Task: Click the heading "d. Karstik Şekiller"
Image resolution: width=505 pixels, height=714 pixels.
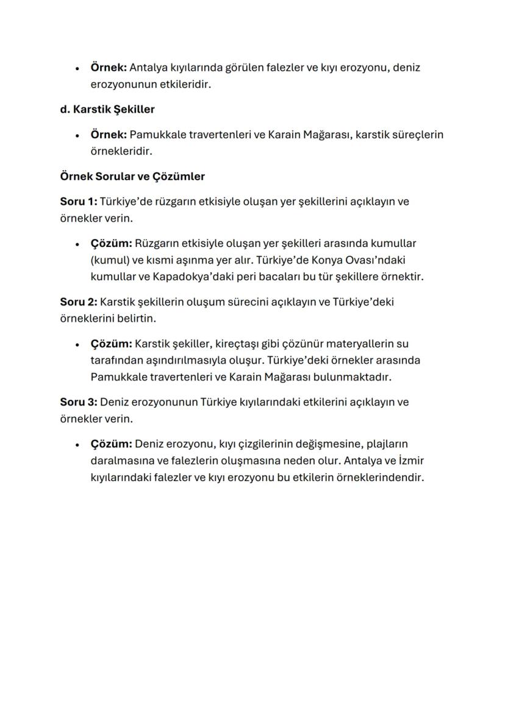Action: [107, 110]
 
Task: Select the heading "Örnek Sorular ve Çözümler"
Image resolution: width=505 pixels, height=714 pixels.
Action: [132, 176]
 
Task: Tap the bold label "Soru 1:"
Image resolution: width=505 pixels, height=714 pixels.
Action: [78, 202]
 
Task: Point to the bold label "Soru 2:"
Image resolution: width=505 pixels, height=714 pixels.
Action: [78, 302]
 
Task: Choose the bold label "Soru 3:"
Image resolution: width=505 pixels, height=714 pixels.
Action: [78, 402]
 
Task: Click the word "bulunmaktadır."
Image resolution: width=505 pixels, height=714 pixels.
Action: [352, 377]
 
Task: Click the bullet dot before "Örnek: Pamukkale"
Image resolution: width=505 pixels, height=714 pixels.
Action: [77, 135]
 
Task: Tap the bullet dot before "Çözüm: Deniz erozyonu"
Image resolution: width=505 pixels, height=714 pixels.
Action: [77, 444]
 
